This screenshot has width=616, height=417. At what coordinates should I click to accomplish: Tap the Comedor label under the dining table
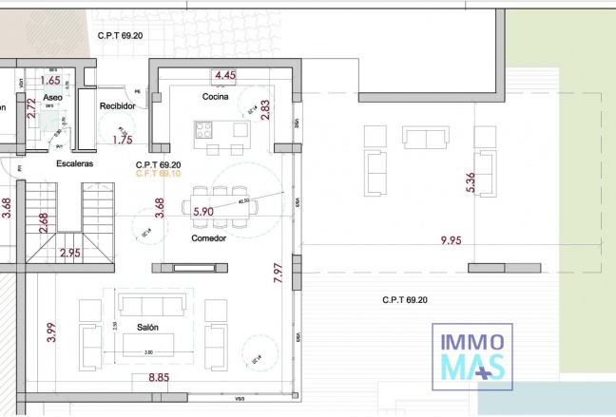(x=208, y=238)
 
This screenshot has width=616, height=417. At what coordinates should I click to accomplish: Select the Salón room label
(x=147, y=327)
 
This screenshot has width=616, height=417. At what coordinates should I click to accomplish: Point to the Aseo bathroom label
(x=53, y=98)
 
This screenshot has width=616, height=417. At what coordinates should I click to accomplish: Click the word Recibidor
(x=119, y=105)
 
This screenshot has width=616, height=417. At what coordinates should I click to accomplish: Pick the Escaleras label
(x=75, y=164)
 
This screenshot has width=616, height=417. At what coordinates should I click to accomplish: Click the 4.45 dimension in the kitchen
(x=225, y=75)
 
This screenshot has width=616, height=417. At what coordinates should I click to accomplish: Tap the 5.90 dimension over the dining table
(x=203, y=213)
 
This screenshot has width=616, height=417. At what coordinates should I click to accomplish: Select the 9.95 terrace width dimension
(x=451, y=241)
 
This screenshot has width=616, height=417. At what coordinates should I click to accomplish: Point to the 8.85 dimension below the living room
(x=159, y=378)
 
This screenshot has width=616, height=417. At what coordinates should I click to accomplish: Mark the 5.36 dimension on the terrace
(x=470, y=182)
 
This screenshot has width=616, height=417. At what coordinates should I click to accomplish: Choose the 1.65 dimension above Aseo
(x=49, y=81)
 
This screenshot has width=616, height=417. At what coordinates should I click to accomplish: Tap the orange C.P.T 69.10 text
(x=159, y=174)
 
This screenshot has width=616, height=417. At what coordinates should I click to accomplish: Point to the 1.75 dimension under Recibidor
(x=122, y=140)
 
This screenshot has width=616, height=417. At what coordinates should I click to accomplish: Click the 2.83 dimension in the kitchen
(x=265, y=109)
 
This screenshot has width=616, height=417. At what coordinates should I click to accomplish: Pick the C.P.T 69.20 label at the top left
(x=120, y=35)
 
